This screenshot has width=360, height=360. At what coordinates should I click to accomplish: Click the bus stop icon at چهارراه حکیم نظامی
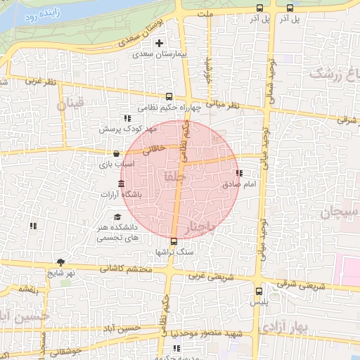pyautogui.click(x=168, y=96)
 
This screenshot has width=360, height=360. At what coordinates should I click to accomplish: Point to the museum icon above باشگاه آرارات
pyautogui.click(x=122, y=184)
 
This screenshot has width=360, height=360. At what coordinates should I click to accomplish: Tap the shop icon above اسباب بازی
pyautogui.click(x=116, y=153)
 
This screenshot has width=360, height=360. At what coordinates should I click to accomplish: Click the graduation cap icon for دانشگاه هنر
pyautogui.click(x=117, y=217)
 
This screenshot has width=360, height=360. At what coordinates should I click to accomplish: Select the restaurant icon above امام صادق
pyautogui.click(x=239, y=173)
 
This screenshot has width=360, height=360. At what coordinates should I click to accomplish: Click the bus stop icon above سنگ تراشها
pyautogui.click(x=174, y=241)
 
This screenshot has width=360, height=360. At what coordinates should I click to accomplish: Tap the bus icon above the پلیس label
pyautogui.click(x=258, y=290)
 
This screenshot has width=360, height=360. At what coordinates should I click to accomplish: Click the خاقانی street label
pyautogui.click(x=154, y=149)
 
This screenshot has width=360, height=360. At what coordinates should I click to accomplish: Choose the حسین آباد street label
pyautogui.click(x=123, y=328)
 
